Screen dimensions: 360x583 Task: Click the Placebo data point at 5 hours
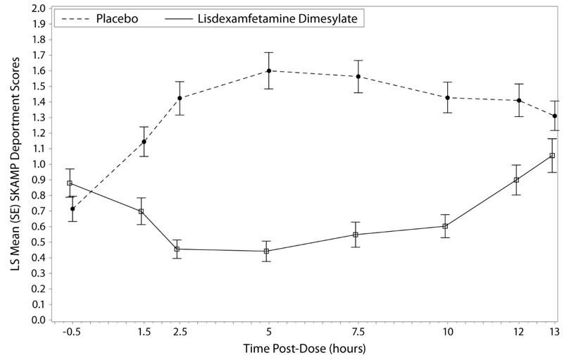269,70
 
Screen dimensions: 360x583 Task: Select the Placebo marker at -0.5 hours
73,209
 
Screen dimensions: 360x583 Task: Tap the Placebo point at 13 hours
555,116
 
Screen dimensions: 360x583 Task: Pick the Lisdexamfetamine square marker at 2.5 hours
177,249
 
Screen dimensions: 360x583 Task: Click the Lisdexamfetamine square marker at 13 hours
552,155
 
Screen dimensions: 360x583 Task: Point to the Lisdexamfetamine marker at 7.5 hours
356,235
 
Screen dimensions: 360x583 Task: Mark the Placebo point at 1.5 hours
144,142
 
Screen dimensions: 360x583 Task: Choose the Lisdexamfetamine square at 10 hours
445,226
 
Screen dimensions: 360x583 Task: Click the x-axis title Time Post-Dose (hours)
304,349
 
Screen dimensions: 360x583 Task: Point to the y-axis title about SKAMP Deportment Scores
12,164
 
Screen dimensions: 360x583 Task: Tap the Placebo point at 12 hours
519,100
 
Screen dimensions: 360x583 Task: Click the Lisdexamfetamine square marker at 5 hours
266,251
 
